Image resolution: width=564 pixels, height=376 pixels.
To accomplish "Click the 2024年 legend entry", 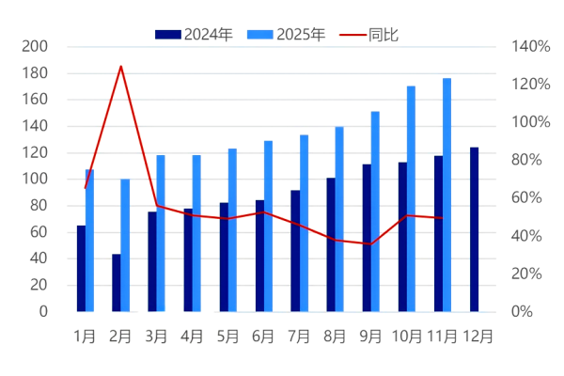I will tap(195, 35).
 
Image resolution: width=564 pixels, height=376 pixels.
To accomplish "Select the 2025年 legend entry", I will tap(287, 35).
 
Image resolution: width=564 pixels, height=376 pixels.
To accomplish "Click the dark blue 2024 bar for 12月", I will tap(474, 229).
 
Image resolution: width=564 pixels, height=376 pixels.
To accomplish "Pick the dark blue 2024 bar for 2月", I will tap(117, 282).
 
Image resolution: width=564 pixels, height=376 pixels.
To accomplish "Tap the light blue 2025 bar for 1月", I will tap(89, 240).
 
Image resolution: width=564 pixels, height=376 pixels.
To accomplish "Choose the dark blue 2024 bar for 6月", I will tap(259, 255).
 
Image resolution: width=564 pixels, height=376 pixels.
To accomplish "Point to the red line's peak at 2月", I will tap(121, 66).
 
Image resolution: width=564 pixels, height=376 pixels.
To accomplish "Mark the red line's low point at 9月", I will tap(370, 244).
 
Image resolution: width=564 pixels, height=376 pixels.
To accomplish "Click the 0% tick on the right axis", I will tap(522, 311).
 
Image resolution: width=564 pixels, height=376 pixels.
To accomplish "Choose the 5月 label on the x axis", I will tap(228, 336).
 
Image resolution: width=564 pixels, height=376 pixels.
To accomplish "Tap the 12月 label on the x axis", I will tap(478, 336).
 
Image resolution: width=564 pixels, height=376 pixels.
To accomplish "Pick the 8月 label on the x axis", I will tap(336, 336).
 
